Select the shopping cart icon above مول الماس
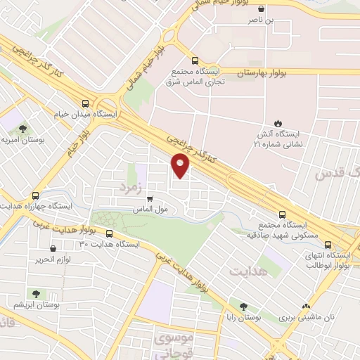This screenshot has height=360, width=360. click(x=149, y=199)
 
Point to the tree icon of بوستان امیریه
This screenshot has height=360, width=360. click(x=22, y=129)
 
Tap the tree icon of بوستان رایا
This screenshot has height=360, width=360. click(x=243, y=306)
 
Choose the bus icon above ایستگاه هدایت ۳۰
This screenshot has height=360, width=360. click(x=109, y=233)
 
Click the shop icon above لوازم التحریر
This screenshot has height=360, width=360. click(x=54, y=248)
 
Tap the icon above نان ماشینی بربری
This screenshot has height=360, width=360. click(x=306, y=306)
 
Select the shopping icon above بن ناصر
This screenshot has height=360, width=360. click(x=262, y=10)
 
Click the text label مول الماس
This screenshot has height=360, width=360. click(x=148, y=210)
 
